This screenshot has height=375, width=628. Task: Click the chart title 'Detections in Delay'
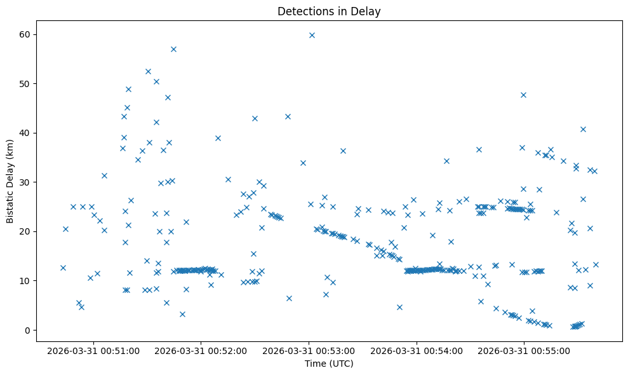pyautogui.click(x=329, y=11)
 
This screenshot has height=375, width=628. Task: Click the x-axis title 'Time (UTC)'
pyautogui.click(x=329, y=364)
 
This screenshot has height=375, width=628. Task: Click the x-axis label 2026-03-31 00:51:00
pyautogui.click(x=94, y=350)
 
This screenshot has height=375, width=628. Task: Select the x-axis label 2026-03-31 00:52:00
pyautogui.click(x=201, y=350)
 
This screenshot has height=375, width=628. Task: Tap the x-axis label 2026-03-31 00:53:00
pyautogui.click(x=309, y=350)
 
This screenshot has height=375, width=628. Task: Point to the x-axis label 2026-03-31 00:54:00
pyautogui.click(x=417, y=350)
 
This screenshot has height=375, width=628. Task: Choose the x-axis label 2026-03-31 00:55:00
pyautogui.click(x=524, y=350)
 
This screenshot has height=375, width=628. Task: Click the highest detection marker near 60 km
pyautogui.click(x=312, y=35)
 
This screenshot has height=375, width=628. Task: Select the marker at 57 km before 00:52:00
pyautogui.click(x=173, y=49)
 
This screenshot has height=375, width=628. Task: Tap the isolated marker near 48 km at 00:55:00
pyautogui.click(x=523, y=95)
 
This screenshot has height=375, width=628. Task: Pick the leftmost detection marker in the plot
pyautogui.click(x=63, y=268)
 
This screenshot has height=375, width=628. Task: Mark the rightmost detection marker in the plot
pyautogui.click(x=596, y=264)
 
